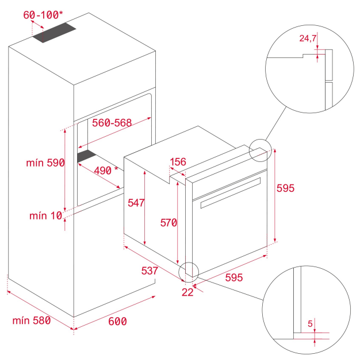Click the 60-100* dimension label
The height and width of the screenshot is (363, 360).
(x=43, y=15)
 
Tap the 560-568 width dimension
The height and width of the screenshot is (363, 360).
(x=112, y=123)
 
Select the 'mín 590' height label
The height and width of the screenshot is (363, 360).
(x=45, y=163)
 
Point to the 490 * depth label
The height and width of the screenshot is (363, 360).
(x=106, y=171)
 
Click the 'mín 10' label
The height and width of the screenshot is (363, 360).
(x=46, y=216)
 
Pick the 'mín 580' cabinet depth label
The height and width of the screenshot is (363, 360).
(x=32, y=320)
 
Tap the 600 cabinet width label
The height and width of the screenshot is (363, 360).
(x=117, y=321)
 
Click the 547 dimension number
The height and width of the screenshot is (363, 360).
(x=136, y=203)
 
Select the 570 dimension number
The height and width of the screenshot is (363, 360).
(x=168, y=223)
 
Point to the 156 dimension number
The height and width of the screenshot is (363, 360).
(x=178, y=162)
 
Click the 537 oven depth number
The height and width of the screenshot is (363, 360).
(x=150, y=271)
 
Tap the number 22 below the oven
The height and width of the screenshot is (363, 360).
(x=187, y=292)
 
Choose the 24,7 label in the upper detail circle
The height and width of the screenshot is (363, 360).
(x=308, y=38)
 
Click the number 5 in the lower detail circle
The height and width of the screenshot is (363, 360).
(x=310, y=323)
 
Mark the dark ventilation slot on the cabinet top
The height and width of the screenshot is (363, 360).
(x=54, y=33)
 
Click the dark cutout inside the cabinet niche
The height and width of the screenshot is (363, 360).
(x=86, y=156)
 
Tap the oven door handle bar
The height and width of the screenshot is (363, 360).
(x=231, y=193)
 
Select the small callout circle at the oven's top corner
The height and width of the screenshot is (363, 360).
(x=260, y=150)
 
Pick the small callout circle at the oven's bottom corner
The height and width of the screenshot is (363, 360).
(x=189, y=272)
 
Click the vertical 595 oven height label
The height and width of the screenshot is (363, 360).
(x=285, y=188)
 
